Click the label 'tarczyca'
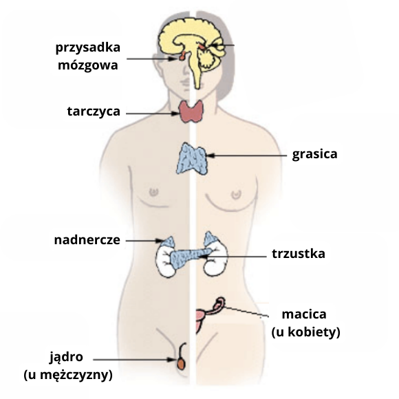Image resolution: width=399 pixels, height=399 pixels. coord(94,111)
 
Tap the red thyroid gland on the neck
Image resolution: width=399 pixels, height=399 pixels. coord(191,111)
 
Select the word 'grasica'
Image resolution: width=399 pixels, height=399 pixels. coord(314,154)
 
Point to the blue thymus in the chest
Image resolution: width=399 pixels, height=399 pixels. coord(192,158)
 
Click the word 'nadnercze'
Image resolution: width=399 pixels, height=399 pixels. coord(87,240)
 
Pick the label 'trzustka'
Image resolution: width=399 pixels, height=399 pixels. coord(299,254)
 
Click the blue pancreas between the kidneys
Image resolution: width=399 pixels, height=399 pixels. coord(191,257)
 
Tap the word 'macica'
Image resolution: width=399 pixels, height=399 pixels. coord(304,314)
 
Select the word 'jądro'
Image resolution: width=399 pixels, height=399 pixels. coord(66,357)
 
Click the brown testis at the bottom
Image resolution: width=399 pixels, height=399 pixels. coord(181,364)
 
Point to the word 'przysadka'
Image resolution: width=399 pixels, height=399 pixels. coord(88,47)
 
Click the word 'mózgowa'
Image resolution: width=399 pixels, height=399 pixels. coord(88,65)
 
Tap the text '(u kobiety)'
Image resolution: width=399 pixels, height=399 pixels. coord(305,332)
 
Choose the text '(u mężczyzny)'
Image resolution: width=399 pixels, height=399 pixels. coord(68,375)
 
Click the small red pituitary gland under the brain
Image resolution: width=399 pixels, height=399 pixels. coord(182,56)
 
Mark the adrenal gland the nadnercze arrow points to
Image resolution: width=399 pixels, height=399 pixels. coord(168,241)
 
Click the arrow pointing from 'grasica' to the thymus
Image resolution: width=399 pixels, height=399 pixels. coord(246,155)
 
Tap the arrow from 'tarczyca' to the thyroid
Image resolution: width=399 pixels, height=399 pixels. coord(153,114)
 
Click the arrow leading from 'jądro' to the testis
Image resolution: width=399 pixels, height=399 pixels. coord(135,360)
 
